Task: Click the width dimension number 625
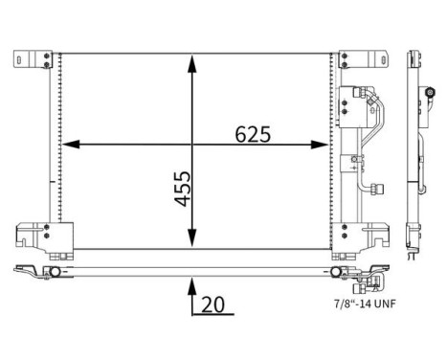253,134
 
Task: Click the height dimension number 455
182,189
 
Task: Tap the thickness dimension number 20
213,304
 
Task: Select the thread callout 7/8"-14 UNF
365,304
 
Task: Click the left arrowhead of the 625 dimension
71,145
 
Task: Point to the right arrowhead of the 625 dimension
320,145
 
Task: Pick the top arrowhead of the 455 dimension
191,64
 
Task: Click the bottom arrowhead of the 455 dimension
191,238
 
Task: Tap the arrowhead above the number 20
191,286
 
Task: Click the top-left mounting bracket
33,59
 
